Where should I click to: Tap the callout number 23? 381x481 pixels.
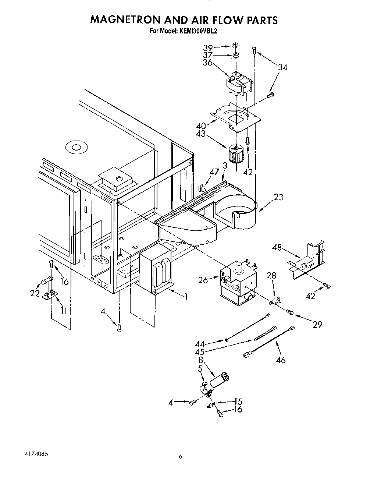[278, 197]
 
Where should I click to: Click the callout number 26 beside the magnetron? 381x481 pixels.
[203, 280]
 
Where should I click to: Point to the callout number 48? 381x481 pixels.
[277, 248]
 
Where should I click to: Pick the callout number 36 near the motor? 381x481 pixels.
[207, 63]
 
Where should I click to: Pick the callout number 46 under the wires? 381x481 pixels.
[280, 360]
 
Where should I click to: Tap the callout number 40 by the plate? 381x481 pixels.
[201, 126]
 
